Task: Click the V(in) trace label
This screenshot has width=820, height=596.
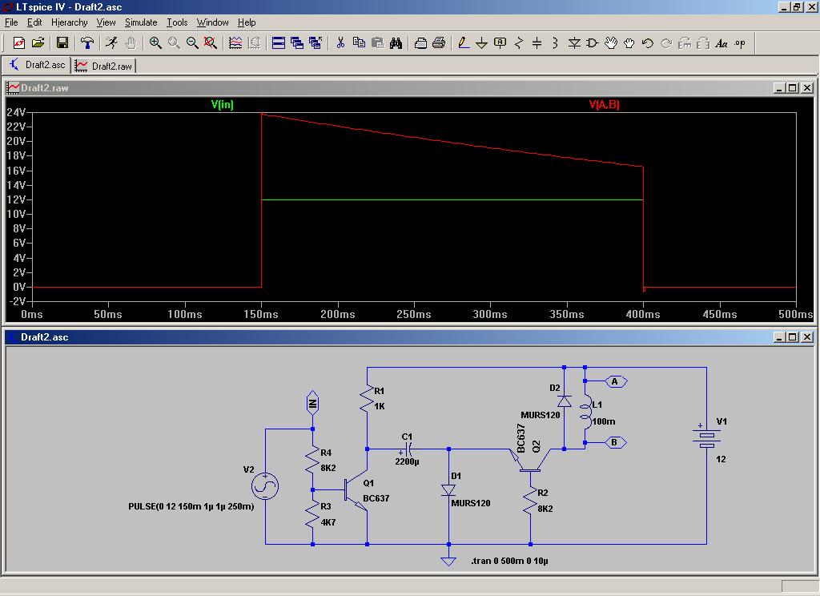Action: click(x=223, y=104)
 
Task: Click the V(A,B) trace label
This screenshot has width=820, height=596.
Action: click(x=604, y=104)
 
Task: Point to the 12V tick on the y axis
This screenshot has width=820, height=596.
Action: click(x=16, y=199)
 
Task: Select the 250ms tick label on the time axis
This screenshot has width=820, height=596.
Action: click(x=414, y=314)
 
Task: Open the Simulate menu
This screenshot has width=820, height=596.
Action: click(x=141, y=22)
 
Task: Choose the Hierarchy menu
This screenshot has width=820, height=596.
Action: click(x=69, y=22)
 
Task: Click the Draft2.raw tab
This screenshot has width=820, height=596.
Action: click(x=104, y=66)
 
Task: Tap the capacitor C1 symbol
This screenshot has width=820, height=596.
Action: click(x=408, y=449)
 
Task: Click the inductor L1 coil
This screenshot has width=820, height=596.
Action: click(x=585, y=412)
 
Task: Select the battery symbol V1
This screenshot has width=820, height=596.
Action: click(x=706, y=436)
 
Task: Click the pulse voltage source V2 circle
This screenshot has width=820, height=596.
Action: click(x=265, y=485)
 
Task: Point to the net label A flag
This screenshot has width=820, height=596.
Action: click(x=616, y=381)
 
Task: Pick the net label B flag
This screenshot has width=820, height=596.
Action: click(x=616, y=443)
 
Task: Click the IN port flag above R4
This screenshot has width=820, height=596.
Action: click(x=312, y=402)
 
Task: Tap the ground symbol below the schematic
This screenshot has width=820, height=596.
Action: click(x=448, y=561)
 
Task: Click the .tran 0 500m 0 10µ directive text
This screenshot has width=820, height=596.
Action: click(x=509, y=561)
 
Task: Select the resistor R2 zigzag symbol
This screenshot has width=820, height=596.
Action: click(x=530, y=500)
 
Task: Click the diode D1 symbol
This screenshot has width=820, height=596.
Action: click(x=448, y=490)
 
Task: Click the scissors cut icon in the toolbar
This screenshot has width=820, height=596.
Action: click(x=340, y=43)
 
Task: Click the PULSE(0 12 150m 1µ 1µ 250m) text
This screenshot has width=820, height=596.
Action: click(x=191, y=506)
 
